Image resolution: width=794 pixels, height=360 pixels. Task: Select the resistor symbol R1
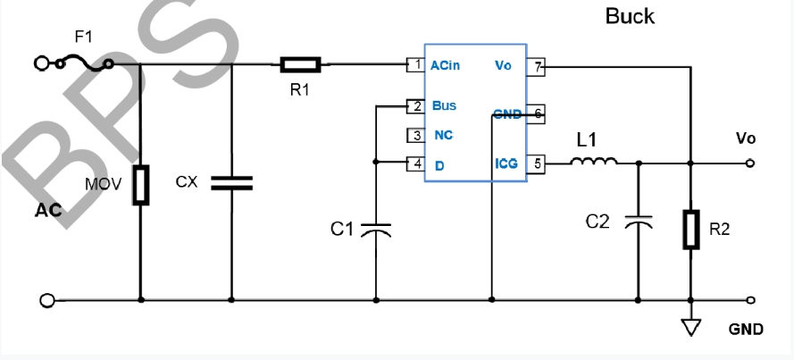pos(300,64)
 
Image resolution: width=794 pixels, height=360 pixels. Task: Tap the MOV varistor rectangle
pos(141,185)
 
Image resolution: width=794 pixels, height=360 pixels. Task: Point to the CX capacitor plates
pos(231,182)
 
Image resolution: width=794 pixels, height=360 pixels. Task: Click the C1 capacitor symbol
pos(376,228)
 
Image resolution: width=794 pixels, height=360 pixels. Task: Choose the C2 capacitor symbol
pos(638,222)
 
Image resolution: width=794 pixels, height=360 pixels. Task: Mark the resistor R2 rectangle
pos(691,229)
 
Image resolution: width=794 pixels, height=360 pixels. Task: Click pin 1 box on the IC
pos(414,64)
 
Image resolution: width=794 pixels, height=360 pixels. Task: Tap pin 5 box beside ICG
pos(537,163)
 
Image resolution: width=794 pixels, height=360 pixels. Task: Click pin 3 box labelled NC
pos(414,136)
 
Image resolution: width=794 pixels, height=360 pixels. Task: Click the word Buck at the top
pos(630,16)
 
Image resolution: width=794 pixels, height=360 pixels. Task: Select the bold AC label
pos(48,212)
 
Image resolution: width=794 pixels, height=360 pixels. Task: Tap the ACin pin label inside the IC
pos(446,65)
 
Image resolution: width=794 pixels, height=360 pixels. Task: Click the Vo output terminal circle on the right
pos(750,163)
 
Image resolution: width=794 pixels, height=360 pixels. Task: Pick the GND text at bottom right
pos(746,329)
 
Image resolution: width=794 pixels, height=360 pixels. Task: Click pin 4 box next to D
pos(414,163)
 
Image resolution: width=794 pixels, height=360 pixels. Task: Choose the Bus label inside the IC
pos(444,105)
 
